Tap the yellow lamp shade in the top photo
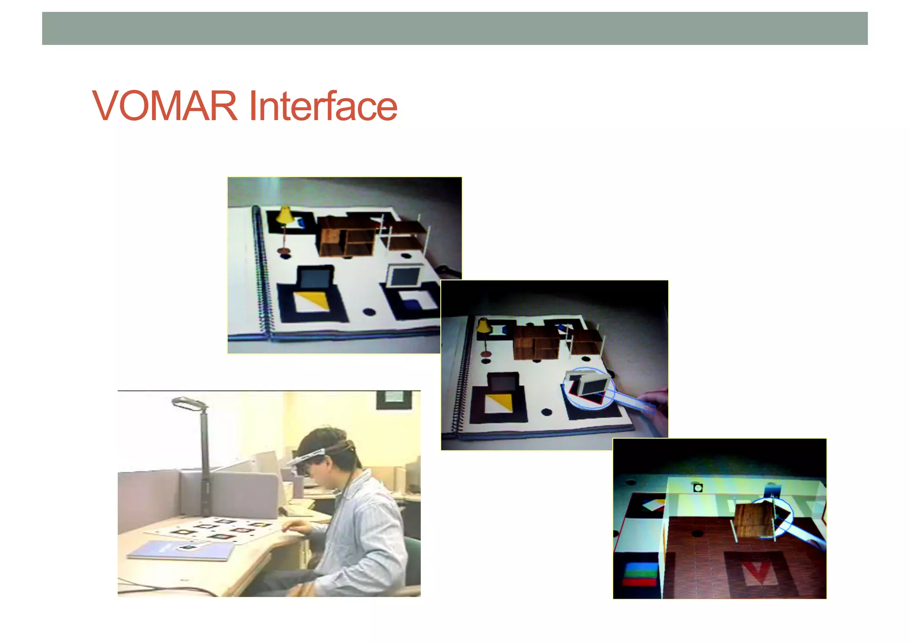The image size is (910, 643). (284, 215)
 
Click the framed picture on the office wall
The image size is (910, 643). (394, 399)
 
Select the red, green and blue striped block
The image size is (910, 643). (640, 574)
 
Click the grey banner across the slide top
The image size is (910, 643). (455, 28)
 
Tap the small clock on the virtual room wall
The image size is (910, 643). (698, 488)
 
